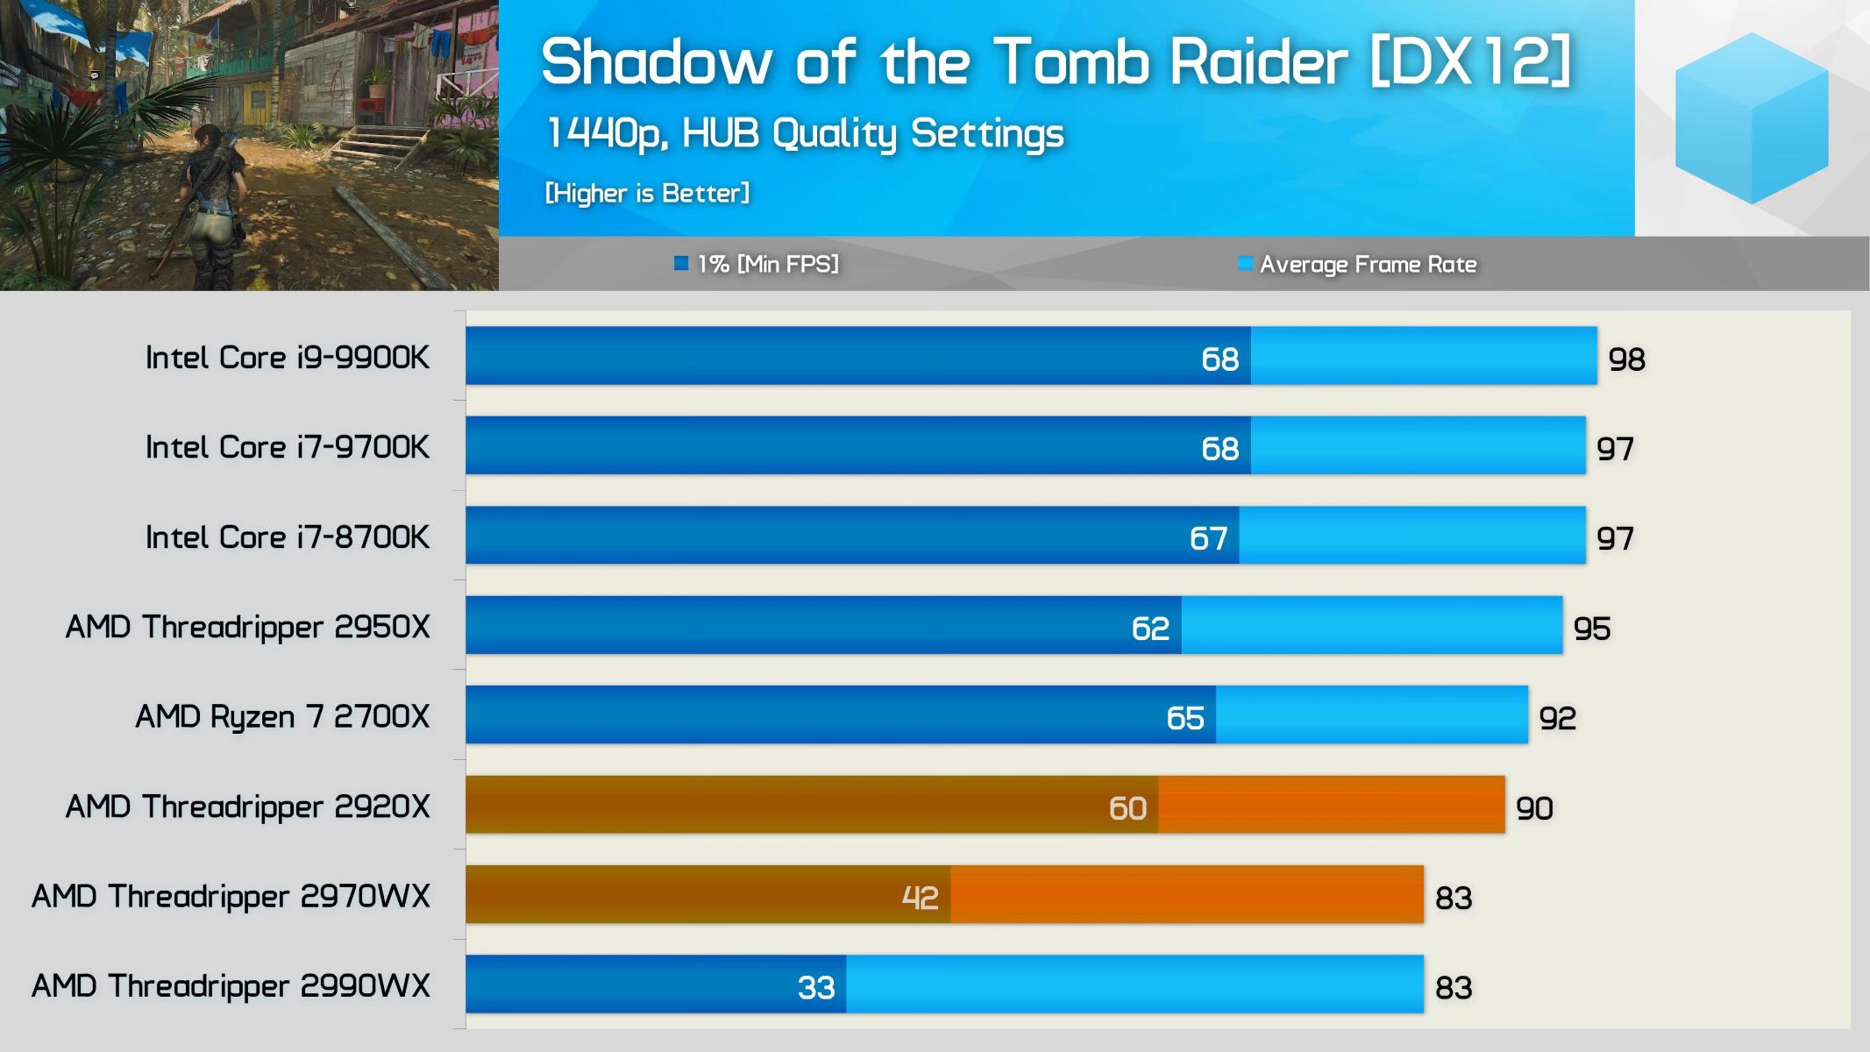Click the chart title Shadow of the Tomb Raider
1056,61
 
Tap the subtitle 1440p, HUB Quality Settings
804,133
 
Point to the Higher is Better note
647,193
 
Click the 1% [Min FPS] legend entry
757,264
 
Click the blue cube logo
1751,118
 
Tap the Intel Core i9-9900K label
288,358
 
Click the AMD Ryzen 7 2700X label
282,717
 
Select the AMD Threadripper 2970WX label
231,897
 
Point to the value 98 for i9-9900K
1626,359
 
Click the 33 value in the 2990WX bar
815,988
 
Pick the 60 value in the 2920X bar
1127,807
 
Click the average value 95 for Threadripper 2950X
1591,629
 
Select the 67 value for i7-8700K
1207,538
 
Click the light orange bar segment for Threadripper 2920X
1331,805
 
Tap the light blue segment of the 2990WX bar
1134,984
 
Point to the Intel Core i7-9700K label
288,447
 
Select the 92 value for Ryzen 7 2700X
1557,719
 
